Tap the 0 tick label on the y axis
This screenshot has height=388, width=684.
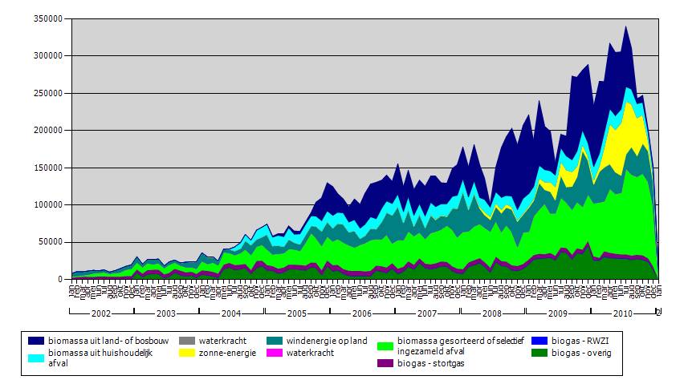point(64,279)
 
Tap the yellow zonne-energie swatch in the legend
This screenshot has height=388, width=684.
point(191,352)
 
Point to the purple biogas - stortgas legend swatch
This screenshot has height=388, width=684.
point(385,362)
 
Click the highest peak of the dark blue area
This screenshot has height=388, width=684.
point(625,27)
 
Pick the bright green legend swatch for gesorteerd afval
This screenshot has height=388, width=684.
point(385,346)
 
